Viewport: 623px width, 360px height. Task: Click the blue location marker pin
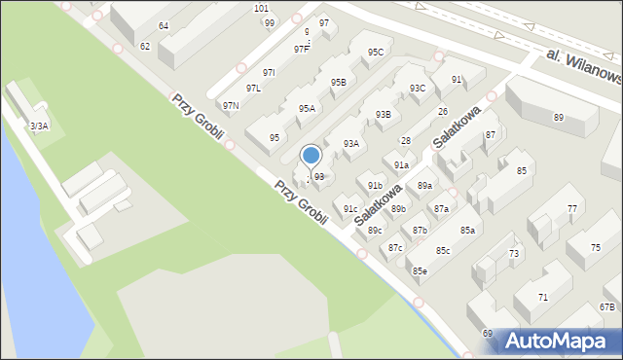pyautogui.click(x=311, y=156)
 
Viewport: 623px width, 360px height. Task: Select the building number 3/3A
pyautogui.click(x=39, y=126)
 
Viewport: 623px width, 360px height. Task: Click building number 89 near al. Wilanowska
pyautogui.click(x=559, y=118)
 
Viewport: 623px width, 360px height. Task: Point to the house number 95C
pyautogui.click(x=375, y=52)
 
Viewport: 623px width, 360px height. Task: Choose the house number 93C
pyautogui.click(x=417, y=89)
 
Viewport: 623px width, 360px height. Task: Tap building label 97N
pyautogui.click(x=231, y=105)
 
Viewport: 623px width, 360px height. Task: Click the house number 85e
pyautogui.click(x=419, y=270)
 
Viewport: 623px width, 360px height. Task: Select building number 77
pyautogui.click(x=572, y=209)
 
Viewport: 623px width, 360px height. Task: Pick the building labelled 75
pyautogui.click(x=596, y=248)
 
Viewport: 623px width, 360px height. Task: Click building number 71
pyautogui.click(x=542, y=297)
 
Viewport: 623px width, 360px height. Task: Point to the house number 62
pyautogui.click(x=145, y=46)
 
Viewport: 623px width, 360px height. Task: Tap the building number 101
pyautogui.click(x=261, y=8)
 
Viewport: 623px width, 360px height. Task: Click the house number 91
pyautogui.click(x=456, y=79)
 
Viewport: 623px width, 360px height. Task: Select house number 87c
pyautogui.click(x=395, y=248)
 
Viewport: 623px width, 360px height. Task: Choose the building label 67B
pyautogui.click(x=607, y=307)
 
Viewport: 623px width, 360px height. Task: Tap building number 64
pyautogui.click(x=164, y=25)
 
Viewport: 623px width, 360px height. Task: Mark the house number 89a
pyautogui.click(x=424, y=186)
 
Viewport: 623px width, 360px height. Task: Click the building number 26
pyautogui.click(x=443, y=112)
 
